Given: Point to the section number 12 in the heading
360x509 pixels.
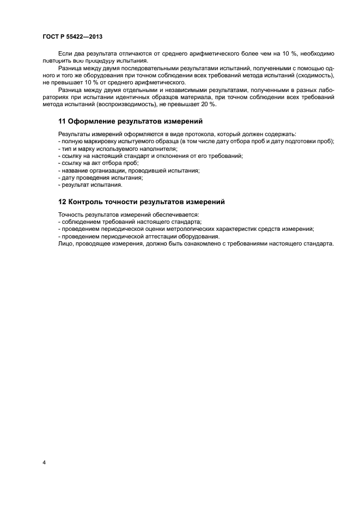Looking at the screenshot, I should tap(62, 202).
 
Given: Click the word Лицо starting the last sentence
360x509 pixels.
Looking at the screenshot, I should tap(64, 244).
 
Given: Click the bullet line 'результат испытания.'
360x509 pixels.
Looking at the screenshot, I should tap(83, 185).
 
